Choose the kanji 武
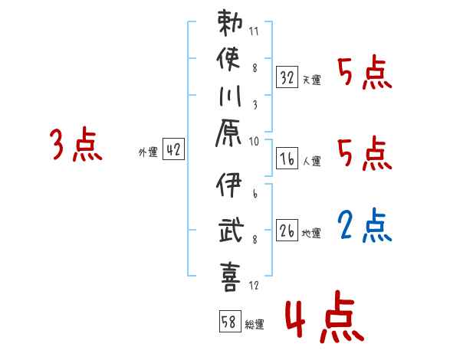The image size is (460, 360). point(229,229)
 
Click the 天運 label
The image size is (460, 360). point(311,80)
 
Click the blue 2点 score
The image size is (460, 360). point(365,226)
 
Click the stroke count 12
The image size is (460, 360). point(255,286)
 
